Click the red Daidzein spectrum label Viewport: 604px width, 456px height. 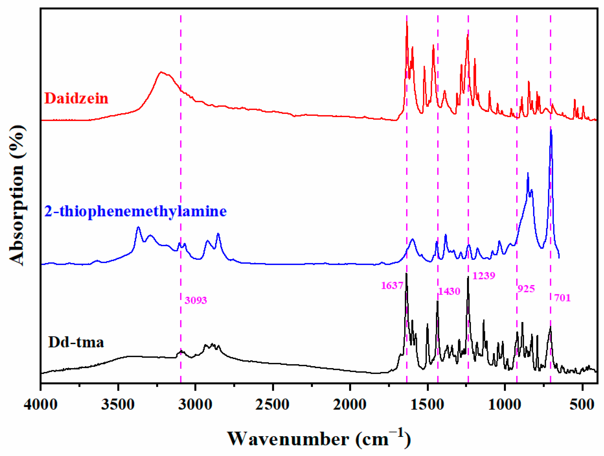pos(76,98)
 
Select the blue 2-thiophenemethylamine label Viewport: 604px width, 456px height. pos(135,211)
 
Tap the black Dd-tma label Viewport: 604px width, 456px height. pos(76,342)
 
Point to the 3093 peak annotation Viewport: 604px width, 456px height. pos(196,300)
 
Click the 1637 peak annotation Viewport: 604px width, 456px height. pos(392,285)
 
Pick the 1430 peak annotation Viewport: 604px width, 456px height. pos(449,291)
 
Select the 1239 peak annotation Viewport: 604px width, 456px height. pos(484,276)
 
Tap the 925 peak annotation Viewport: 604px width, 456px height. pos(526,289)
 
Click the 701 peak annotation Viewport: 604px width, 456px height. pos(562,298)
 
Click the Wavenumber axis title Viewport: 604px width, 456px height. pos(319,438)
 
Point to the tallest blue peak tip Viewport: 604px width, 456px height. pos(551,131)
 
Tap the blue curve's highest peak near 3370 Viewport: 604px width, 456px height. pos(138,227)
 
